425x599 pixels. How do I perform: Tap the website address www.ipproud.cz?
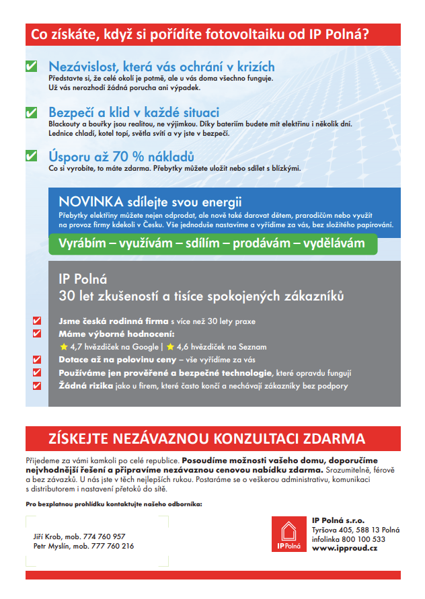(x=344, y=549)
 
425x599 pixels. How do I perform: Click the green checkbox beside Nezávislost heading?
(x=31, y=67)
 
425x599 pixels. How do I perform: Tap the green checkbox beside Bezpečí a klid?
(x=31, y=112)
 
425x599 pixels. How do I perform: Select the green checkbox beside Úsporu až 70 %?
(x=31, y=155)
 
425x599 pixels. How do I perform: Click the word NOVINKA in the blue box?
(x=90, y=202)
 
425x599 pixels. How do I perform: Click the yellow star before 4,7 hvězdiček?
(x=64, y=347)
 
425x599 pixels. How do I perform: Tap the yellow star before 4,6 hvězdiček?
(x=170, y=347)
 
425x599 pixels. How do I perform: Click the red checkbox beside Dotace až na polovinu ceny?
(x=37, y=360)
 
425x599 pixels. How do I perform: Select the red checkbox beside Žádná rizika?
(x=37, y=385)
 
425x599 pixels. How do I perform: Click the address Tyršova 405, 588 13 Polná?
(x=356, y=530)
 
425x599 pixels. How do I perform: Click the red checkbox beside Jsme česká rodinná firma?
(x=37, y=321)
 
